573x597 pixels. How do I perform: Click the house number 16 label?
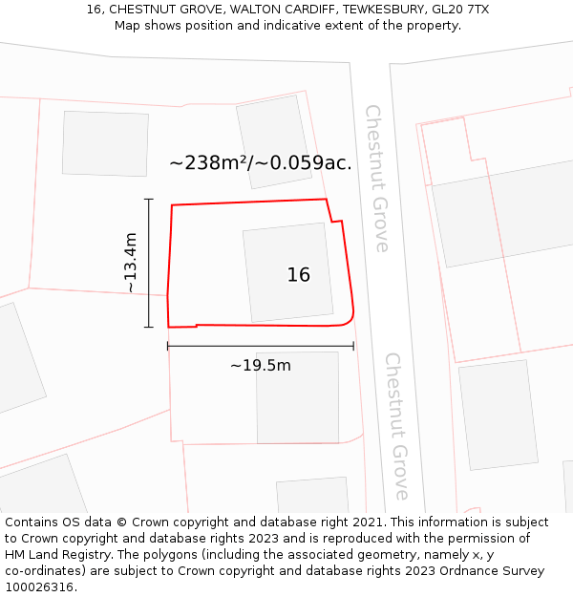pyautogui.click(x=299, y=275)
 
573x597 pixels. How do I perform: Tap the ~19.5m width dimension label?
pyautogui.click(x=261, y=365)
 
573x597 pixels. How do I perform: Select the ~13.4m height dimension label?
pyautogui.click(x=131, y=263)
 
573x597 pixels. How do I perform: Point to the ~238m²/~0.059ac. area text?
pyautogui.click(x=261, y=163)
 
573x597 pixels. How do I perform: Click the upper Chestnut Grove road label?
pyautogui.click(x=376, y=179)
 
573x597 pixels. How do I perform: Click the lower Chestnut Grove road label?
pyautogui.click(x=396, y=426)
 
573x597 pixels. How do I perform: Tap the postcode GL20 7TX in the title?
pyautogui.click(x=458, y=10)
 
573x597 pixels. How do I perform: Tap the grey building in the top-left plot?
pyautogui.click(x=105, y=143)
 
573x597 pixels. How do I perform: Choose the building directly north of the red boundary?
pyautogui.click(x=274, y=140)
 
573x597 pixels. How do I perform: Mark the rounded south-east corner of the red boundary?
pyautogui.click(x=350, y=319)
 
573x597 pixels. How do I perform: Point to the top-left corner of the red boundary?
pyautogui.click(x=172, y=205)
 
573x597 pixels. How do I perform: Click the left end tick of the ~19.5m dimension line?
pyautogui.click(x=168, y=346)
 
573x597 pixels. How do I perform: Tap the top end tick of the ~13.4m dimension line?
pyautogui.click(x=148, y=199)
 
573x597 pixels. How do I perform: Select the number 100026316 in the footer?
pyautogui.click(x=39, y=586)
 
